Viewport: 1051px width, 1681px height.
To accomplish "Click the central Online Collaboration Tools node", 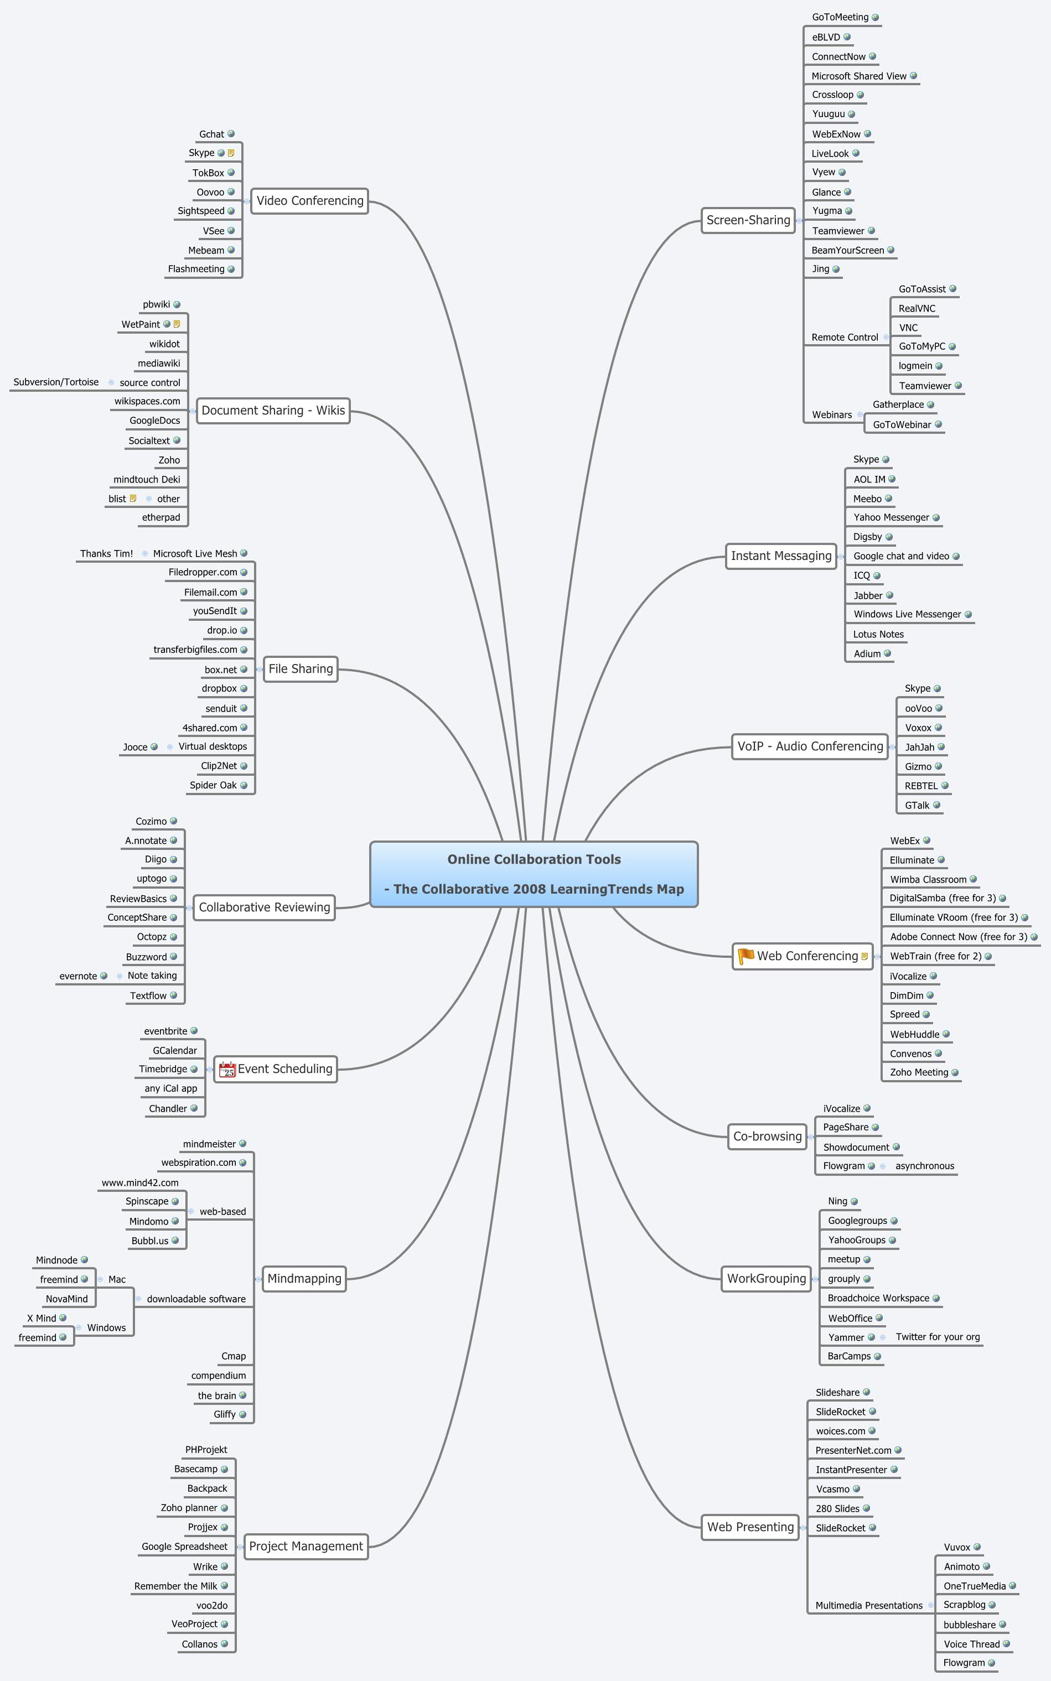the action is (x=534, y=874).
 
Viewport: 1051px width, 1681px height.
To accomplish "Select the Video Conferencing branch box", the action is (x=309, y=201).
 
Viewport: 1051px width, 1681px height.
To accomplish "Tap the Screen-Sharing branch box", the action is (x=748, y=220).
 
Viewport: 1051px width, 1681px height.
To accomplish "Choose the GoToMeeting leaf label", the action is (x=840, y=17).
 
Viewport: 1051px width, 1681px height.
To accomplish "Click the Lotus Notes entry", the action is (x=878, y=635).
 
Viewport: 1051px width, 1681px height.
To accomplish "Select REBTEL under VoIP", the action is (x=921, y=786).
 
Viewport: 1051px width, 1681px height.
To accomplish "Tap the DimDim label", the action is (x=907, y=996).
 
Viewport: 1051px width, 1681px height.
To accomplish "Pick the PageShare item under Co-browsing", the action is (x=845, y=1127).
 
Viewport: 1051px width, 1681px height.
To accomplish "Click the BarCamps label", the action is (x=849, y=1356).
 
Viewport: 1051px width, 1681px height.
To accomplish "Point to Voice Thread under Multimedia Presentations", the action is (x=971, y=1644).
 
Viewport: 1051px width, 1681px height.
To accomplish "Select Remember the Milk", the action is (x=176, y=1586).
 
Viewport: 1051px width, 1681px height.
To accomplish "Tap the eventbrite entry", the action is (x=165, y=1031).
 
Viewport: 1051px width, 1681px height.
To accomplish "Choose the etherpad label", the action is (x=161, y=518).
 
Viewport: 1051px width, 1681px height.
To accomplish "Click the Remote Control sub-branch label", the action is (x=845, y=338).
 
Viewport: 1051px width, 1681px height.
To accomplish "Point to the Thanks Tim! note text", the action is (x=106, y=554).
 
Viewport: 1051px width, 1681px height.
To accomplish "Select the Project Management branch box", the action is (x=306, y=1547).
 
